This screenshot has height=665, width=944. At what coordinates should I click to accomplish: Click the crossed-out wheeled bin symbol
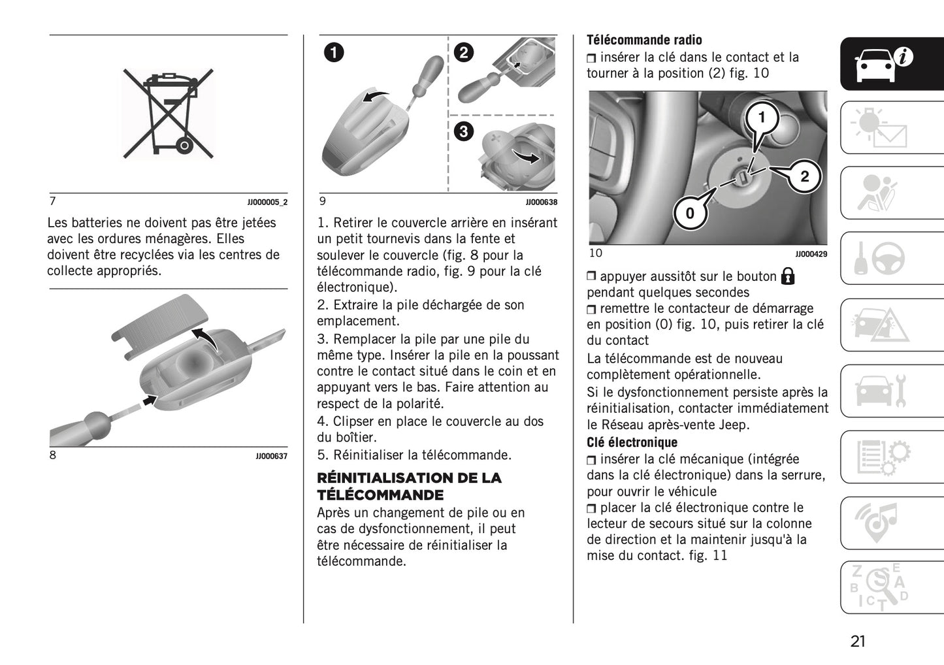click(x=169, y=114)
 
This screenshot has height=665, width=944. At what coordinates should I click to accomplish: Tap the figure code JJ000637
click(x=271, y=456)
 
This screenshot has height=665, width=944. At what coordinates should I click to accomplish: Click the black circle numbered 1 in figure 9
click(x=333, y=52)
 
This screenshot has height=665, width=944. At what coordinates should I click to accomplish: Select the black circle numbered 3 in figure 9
click(x=463, y=131)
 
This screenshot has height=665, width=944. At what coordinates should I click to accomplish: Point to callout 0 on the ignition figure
click(x=690, y=213)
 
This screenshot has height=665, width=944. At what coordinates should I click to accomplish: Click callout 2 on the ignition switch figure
click(x=804, y=176)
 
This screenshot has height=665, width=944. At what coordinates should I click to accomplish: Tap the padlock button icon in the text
click(x=788, y=276)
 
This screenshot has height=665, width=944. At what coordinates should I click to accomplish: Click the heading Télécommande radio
click(x=644, y=40)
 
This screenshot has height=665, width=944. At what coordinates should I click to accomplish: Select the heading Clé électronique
click(x=631, y=442)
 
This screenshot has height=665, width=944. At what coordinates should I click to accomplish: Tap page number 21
click(x=858, y=641)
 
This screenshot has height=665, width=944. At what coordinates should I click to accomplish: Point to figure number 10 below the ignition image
click(x=596, y=253)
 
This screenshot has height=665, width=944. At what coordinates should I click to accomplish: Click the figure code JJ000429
click(x=811, y=254)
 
